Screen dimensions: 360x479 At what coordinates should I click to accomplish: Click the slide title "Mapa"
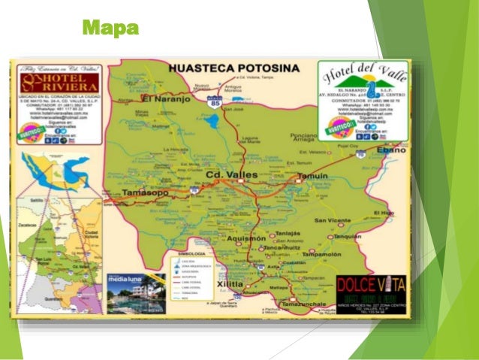pyautogui.click(x=110, y=29)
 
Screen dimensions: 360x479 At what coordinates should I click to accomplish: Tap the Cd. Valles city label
pyautogui.click(x=230, y=174)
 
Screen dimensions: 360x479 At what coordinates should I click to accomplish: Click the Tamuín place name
pyautogui.click(x=312, y=175)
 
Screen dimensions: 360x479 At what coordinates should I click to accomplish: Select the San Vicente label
pyautogui.click(x=333, y=220)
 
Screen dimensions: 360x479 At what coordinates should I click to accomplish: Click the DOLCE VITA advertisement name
pyautogui.click(x=369, y=286)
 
